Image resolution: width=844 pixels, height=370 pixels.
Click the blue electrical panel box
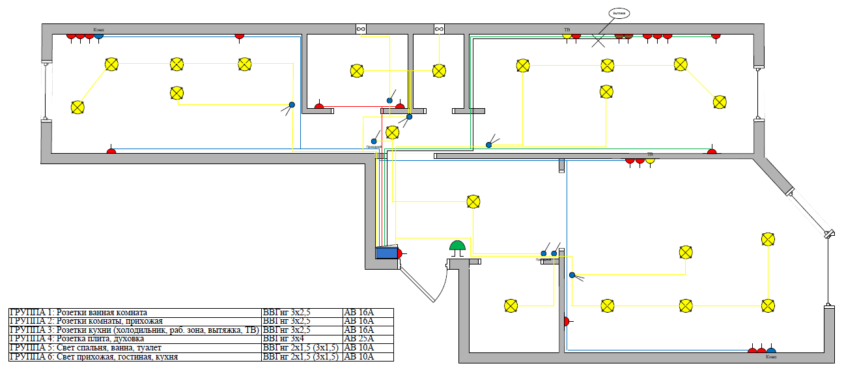[387, 253]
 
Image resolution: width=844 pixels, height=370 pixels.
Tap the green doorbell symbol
[458, 246]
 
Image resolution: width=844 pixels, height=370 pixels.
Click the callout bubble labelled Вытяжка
[620, 13]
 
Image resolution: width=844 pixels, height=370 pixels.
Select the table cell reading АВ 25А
[368, 338]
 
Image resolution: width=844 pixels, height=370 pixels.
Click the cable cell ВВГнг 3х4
[300, 338]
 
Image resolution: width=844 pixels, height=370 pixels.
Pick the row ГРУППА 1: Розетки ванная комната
[134, 313]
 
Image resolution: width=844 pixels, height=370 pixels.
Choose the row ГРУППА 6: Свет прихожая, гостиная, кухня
[134, 357]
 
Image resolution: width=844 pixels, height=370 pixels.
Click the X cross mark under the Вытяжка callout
[598, 41]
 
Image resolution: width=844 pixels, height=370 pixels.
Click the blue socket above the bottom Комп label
[771, 351]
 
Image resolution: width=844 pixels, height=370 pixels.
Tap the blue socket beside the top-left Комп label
[98, 35]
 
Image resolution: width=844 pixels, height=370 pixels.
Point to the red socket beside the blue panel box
[401, 253]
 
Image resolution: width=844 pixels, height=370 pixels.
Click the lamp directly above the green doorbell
[473, 201]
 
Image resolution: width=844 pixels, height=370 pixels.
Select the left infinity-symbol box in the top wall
[361, 29]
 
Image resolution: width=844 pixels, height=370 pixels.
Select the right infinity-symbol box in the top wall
[439, 29]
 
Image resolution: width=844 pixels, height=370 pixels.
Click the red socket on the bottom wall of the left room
[111, 150]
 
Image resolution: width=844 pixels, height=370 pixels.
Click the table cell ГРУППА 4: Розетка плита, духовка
[134, 338]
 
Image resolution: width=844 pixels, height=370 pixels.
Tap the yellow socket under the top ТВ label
[567, 35]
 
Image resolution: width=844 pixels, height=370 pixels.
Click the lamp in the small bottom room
[511, 305]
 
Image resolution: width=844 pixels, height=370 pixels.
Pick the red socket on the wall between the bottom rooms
[566, 321]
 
